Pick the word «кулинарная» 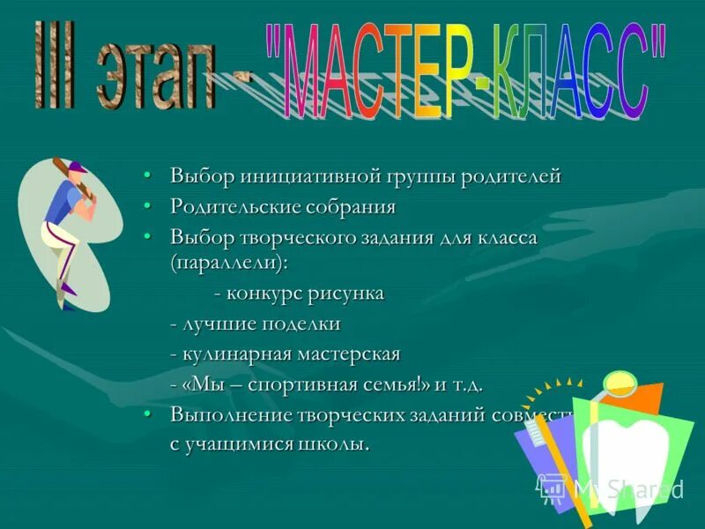click(x=236, y=354)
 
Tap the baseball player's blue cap click(x=78, y=167)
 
